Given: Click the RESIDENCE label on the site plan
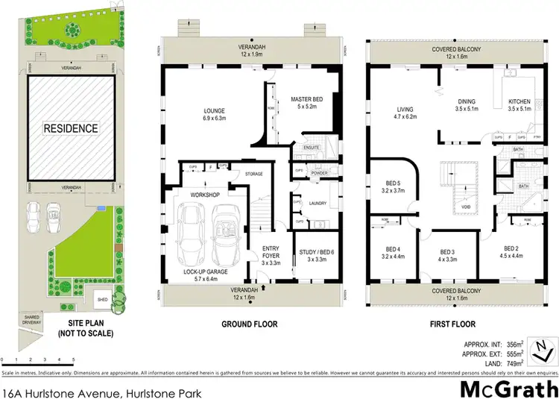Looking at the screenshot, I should point(70,128).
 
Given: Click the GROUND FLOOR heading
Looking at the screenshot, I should point(250,324).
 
